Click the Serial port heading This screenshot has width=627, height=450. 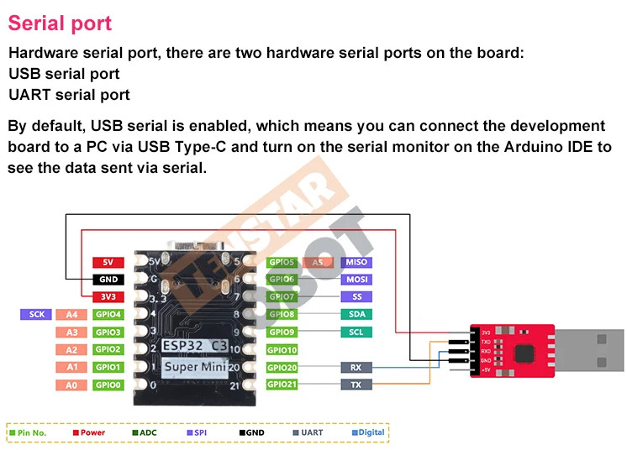pyautogui.click(x=60, y=23)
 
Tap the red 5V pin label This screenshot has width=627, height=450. pyautogui.click(x=108, y=262)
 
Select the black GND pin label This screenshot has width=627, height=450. pyautogui.click(x=108, y=280)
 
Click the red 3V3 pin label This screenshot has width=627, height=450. pyautogui.click(x=108, y=296)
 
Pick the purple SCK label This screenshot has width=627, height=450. pyautogui.click(x=36, y=314)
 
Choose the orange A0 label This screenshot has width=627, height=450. pyautogui.click(x=71, y=385)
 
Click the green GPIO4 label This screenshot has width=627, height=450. pyautogui.click(x=108, y=315)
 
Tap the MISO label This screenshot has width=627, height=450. pyautogui.click(x=356, y=262)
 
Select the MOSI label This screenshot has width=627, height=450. pyautogui.click(x=356, y=280)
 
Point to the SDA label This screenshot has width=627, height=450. pyautogui.click(x=356, y=314)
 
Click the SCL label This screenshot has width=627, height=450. pyautogui.click(x=356, y=332)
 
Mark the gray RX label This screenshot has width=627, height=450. pyautogui.click(x=356, y=367)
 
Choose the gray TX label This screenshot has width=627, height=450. pyautogui.click(x=356, y=385)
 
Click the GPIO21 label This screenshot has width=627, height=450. pyautogui.click(x=282, y=384)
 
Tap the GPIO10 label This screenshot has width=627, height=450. pyautogui.click(x=282, y=349)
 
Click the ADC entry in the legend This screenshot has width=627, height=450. pyautogui.click(x=144, y=432)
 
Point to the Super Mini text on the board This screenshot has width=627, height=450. pyautogui.click(x=193, y=367)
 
